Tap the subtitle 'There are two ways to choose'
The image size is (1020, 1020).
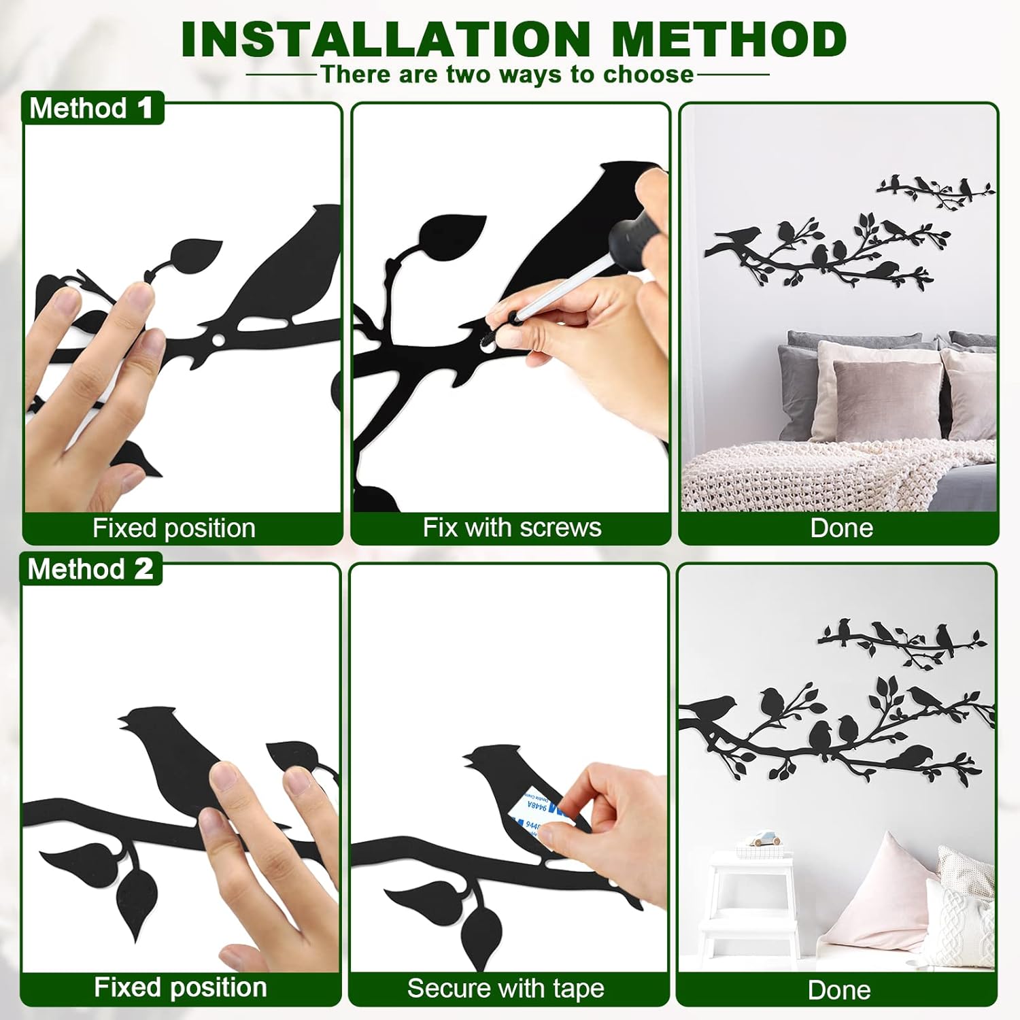click(x=507, y=74)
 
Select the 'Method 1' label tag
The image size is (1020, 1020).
click(x=92, y=108)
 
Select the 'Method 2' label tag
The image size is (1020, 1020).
click(x=91, y=569)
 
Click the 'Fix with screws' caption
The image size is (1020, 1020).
click(x=511, y=528)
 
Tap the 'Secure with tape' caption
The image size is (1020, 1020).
click(x=505, y=988)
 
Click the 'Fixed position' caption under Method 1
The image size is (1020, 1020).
click(x=174, y=528)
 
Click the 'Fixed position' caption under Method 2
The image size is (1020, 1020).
click(x=180, y=987)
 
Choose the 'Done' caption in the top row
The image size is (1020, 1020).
click(x=841, y=528)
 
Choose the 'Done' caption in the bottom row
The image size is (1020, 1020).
click(x=839, y=990)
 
